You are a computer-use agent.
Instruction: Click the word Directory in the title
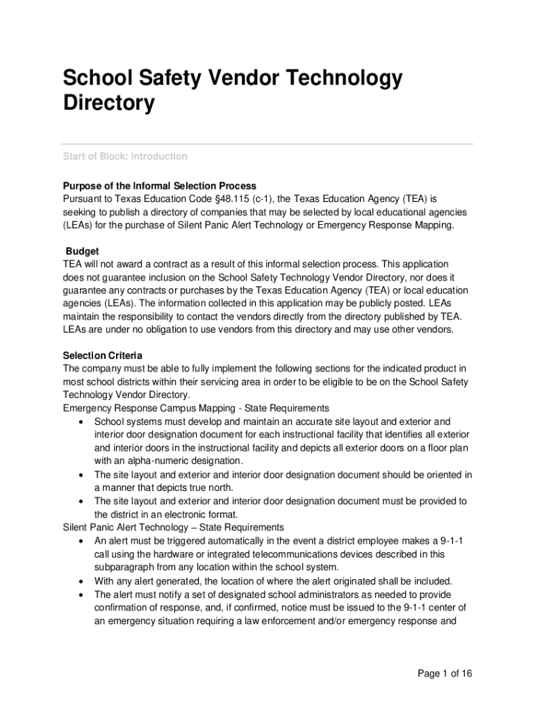[108, 103]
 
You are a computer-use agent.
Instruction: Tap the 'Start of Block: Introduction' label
[125, 156]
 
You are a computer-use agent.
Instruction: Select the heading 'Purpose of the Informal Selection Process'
[160, 186]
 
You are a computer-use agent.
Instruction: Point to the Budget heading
[83, 251]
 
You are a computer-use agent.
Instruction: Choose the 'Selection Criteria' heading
[103, 355]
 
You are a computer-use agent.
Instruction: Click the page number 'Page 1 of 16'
[445, 674]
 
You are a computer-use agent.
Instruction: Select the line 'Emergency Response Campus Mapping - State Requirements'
[196, 408]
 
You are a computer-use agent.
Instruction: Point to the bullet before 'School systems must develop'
[83, 421]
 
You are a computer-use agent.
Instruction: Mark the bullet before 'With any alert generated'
[83, 581]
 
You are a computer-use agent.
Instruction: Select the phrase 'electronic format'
[199, 515]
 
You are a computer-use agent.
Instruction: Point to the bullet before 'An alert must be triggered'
[83, 541]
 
